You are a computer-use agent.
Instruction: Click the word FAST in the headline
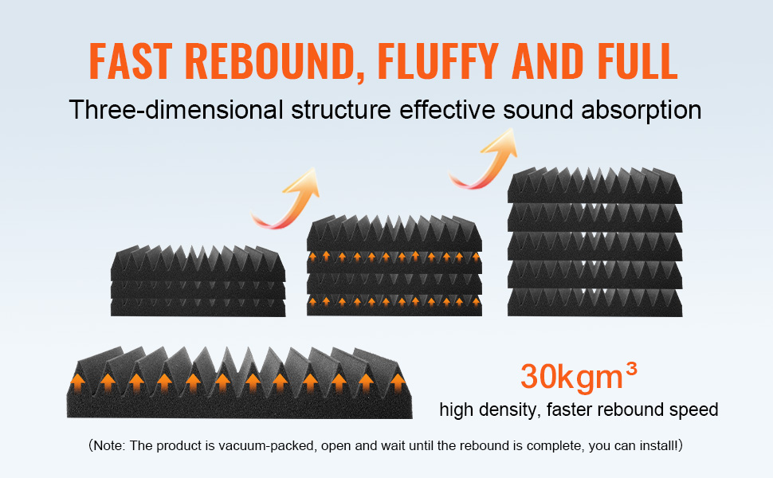pyautogui.click(x=131, y=61)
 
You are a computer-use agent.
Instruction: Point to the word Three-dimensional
pyautogui.click(x=176, y=109)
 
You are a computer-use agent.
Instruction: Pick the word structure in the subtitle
pyautogui.click(x=340, y=109)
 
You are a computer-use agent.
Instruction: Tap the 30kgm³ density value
pyautogui.click(x=579, y=377)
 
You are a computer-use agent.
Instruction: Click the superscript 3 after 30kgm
pyautogui.click(x=631, y=368)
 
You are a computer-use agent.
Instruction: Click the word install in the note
pyautogui.click(x=657, y=445)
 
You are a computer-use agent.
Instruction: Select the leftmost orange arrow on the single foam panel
pyautogui.click(x=77, y=382)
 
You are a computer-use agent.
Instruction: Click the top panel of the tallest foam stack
pyautogui.click(x=595, y=186)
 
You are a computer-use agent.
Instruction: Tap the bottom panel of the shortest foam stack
pyautogui.click(x=198, y=307)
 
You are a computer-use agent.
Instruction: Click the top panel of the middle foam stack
pyautogui.click(x=394, y=233)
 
